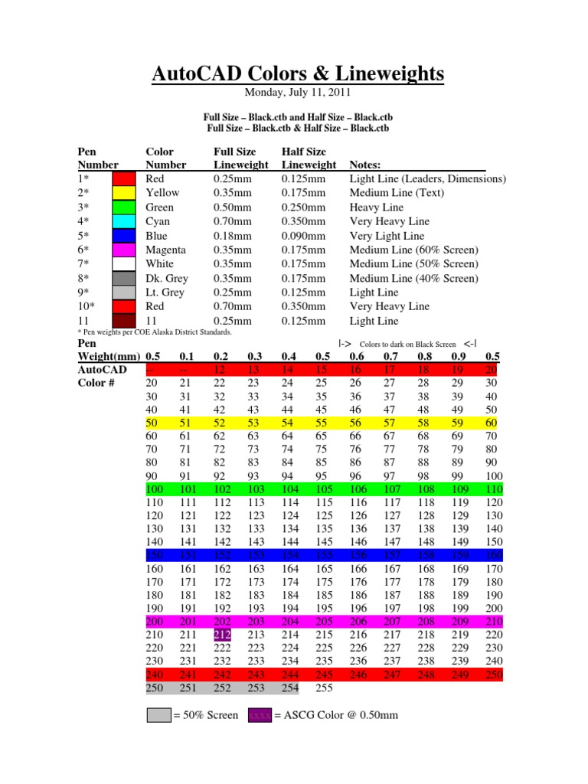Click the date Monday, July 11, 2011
coord(297,93)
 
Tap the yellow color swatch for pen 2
coord(123,193)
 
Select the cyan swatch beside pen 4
coord(123,221)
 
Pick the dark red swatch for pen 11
coord(123,321)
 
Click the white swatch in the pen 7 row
coord(123,264)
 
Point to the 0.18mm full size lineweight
coord(232,236)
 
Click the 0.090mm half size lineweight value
coord(303,236)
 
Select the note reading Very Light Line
coord(387,236)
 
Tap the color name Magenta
coord(166,250)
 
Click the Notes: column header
coord(368,165)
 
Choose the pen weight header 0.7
coord(390,355)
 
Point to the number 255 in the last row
coord(325,688)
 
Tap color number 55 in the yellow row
coord(325,423)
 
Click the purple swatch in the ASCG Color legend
coord(260,716)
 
